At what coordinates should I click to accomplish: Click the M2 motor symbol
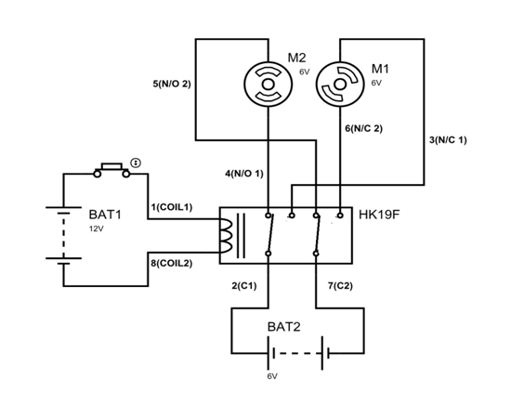pos(268,85)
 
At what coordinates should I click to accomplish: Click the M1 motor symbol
pos(340,85)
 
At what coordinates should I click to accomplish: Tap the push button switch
pos(111,170)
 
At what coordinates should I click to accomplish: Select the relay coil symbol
pos(226,236)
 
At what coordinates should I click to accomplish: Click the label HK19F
pos(379,215)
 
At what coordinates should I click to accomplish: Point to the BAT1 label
pos(105,215)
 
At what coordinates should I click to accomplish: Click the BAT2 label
pos(284,327)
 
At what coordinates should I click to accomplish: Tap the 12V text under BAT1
pos(97,229)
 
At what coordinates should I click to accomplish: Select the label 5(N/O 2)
pos(172,84)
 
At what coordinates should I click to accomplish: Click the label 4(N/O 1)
pos(244,174)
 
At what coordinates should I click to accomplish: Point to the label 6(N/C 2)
pos(363,128)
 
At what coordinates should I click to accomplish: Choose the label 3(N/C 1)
pos(448,140)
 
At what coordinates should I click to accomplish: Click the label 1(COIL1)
pos(172,207)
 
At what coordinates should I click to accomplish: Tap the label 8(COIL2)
pos(172,263)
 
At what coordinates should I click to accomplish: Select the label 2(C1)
pos(244,286)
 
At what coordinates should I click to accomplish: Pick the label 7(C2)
pos(340,286)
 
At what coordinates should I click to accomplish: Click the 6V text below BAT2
pos(272,376)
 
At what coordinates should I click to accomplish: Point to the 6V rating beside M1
pos(376,83)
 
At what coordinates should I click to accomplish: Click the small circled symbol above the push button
pos(136,163)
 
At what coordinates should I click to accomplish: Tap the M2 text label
pos(296,58)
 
